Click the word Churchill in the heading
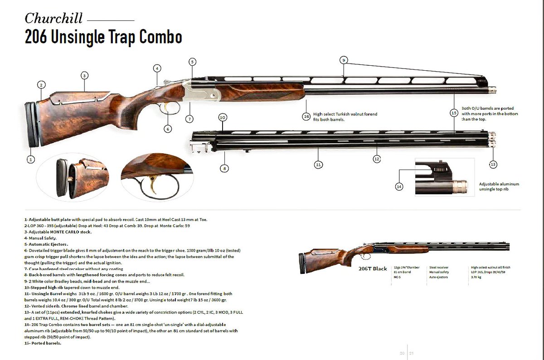[x=53, y=19]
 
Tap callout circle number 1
[x=30, y=159]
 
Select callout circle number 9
[x=344, y=60]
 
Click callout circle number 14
[x=399, y=186]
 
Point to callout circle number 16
[x=306, y=117]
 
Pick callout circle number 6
[x=168, y=129]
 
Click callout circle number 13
[x=493, y=164]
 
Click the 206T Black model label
[x=373, y=268]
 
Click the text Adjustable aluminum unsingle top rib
[x=499, y=187]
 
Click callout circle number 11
[x=319, y=165]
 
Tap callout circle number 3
[x=84, y=75]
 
